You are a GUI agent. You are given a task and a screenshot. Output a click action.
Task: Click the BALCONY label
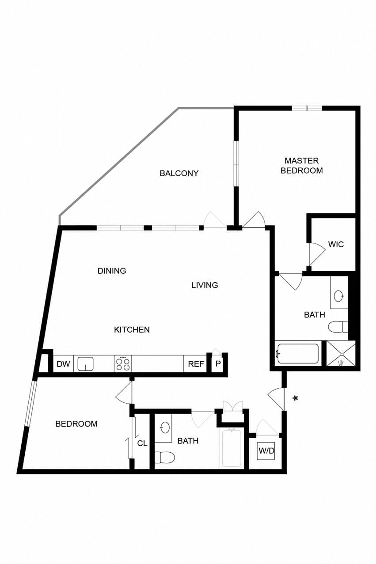(179, 173)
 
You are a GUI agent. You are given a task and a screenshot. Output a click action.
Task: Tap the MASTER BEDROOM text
(302, 166)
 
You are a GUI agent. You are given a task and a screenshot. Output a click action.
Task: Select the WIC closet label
(336, 244)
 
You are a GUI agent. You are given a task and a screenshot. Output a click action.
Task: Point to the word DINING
(112, 271)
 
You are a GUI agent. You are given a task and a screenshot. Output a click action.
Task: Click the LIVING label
(205, 285)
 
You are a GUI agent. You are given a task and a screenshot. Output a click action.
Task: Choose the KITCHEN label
(132, 329)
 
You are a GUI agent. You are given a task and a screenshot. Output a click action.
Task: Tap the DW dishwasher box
(63, 363)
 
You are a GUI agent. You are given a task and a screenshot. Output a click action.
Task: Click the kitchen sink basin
(85, 364)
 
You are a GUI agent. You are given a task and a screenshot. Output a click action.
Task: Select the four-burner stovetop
(123, 363)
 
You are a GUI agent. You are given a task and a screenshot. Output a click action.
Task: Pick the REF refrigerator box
(196, 363)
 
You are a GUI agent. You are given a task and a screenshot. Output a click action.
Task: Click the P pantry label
(218, 364)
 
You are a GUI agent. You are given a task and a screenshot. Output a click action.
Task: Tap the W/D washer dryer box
(266, 450)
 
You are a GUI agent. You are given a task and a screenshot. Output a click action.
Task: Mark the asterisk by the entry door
(295, 398)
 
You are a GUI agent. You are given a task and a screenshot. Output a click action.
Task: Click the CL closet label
(142, 443)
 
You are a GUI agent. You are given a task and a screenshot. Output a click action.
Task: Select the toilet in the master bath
(338, 327)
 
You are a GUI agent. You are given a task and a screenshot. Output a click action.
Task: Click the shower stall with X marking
(341, 353)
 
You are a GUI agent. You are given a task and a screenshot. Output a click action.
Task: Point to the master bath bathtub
(297, 353)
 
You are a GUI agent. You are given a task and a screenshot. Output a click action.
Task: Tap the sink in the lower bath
(165, 428)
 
